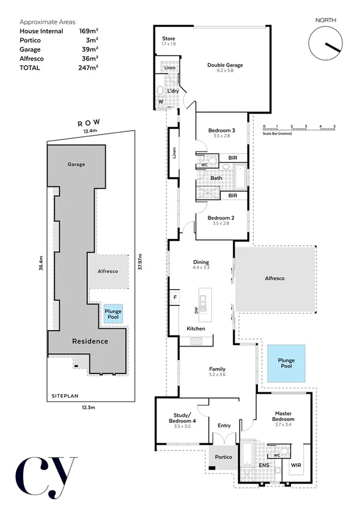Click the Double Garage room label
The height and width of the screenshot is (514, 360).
[x=225, y=65]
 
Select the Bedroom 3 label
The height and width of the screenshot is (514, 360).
[x=221, y=131]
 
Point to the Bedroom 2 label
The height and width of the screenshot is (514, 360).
[x=221, y=218]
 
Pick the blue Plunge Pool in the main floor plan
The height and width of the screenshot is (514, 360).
[x=286, y=364]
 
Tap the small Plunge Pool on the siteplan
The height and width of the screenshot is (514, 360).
[x=113, y=314]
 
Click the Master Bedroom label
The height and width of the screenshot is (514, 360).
[x=284, y=416]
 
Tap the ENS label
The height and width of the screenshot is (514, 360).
[x=265, y=466]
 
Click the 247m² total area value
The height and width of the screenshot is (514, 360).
[x=88, y=68]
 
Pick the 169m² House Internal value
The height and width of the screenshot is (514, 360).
[x=88, y=31]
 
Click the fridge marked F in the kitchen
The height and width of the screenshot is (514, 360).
[x=174, y=298]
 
